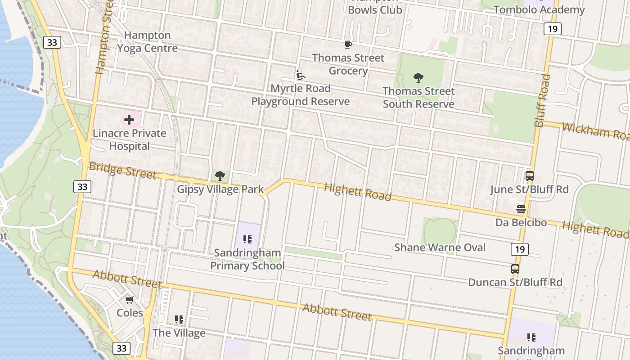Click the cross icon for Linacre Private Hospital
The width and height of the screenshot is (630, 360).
pos(129,120)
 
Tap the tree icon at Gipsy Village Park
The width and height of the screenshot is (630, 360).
pos(220,175)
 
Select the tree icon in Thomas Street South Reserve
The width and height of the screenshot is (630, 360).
pos(418,78)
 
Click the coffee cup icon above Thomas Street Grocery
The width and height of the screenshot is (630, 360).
pos(348,45)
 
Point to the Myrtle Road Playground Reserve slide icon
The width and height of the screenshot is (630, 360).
pos(300,75)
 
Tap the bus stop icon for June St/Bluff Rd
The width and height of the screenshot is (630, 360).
pos(530,176)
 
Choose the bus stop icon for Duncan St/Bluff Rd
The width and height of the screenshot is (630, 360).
pos(515,269)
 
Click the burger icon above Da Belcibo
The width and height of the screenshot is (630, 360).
pos(521,209)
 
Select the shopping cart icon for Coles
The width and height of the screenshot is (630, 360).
pos(130,300)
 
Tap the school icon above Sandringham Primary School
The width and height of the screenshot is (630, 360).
pos(247,239)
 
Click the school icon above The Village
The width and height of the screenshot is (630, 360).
pos(179,319)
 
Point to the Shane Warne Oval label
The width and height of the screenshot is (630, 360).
pos(440,247)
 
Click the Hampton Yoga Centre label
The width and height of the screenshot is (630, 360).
pos(148,41)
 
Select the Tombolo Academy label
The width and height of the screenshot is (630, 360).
pos(539,9)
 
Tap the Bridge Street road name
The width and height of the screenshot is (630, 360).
pos(122,171)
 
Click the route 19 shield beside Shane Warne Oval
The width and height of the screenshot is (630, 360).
pos(519,249)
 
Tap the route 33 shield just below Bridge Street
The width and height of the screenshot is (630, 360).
pos(82,186)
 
